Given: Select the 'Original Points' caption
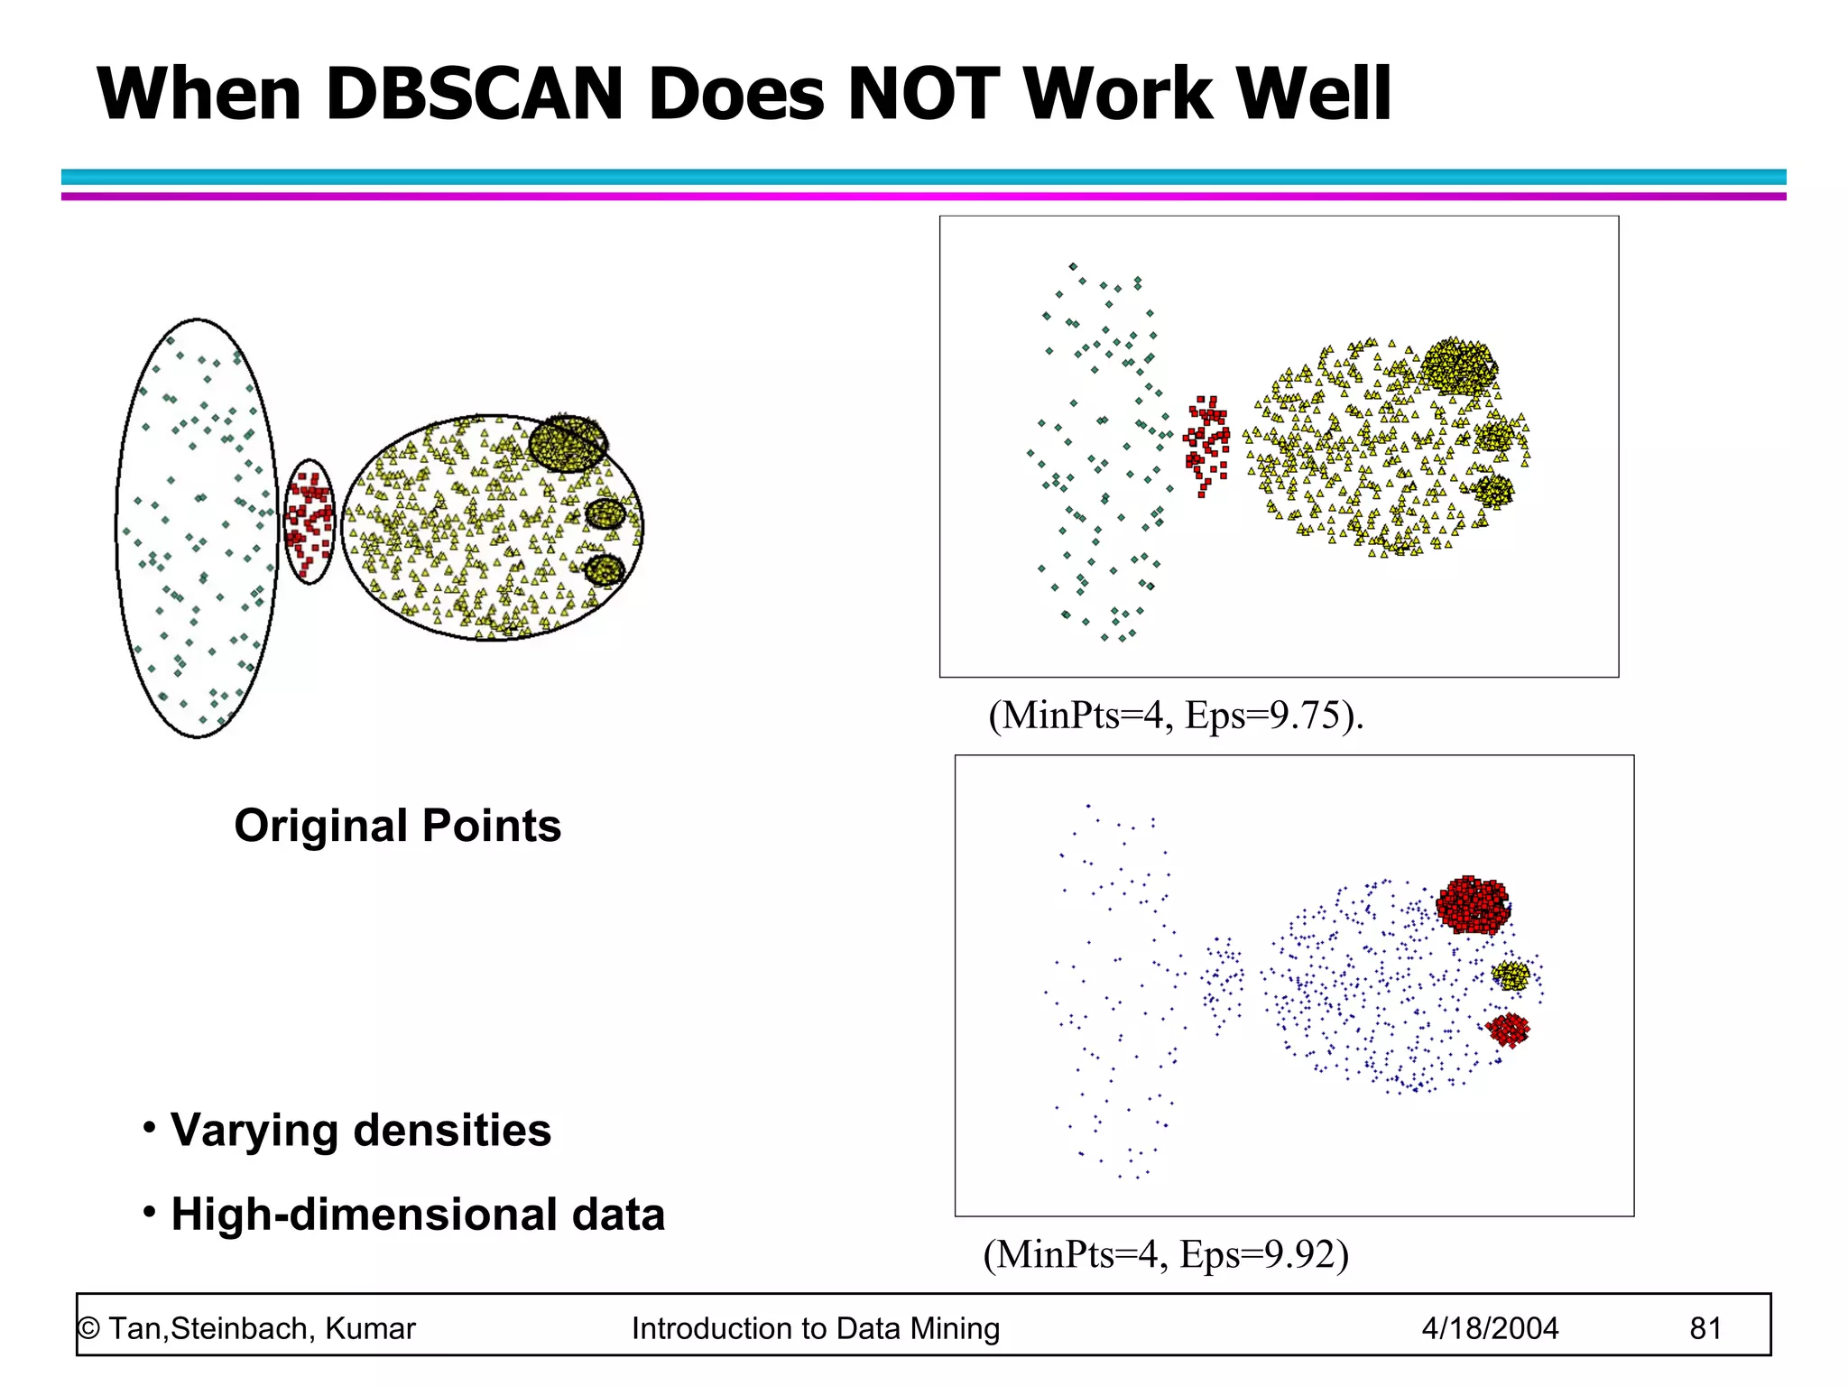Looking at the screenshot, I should coord(397,826).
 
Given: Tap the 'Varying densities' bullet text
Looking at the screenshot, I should coord(360,1130).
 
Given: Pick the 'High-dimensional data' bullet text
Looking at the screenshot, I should coord(417,1215).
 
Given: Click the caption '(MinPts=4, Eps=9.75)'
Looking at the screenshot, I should coord(1175,716).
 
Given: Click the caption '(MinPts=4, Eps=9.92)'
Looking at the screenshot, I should coord(1166,1254).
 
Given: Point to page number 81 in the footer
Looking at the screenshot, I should coord(1705,1328).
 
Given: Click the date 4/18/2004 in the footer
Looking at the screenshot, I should coord(1490,1328).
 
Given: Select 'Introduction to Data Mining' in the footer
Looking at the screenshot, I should coord(816,1328).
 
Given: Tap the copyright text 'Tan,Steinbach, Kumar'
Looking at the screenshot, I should coord(261,1328).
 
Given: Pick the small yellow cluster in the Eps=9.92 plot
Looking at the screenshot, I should coord(1511,975).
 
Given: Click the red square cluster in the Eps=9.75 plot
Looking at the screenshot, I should coord(1207,442).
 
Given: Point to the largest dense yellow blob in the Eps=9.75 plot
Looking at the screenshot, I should coord(1456,365).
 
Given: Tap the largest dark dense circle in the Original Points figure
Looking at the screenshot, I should coord(568,443).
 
